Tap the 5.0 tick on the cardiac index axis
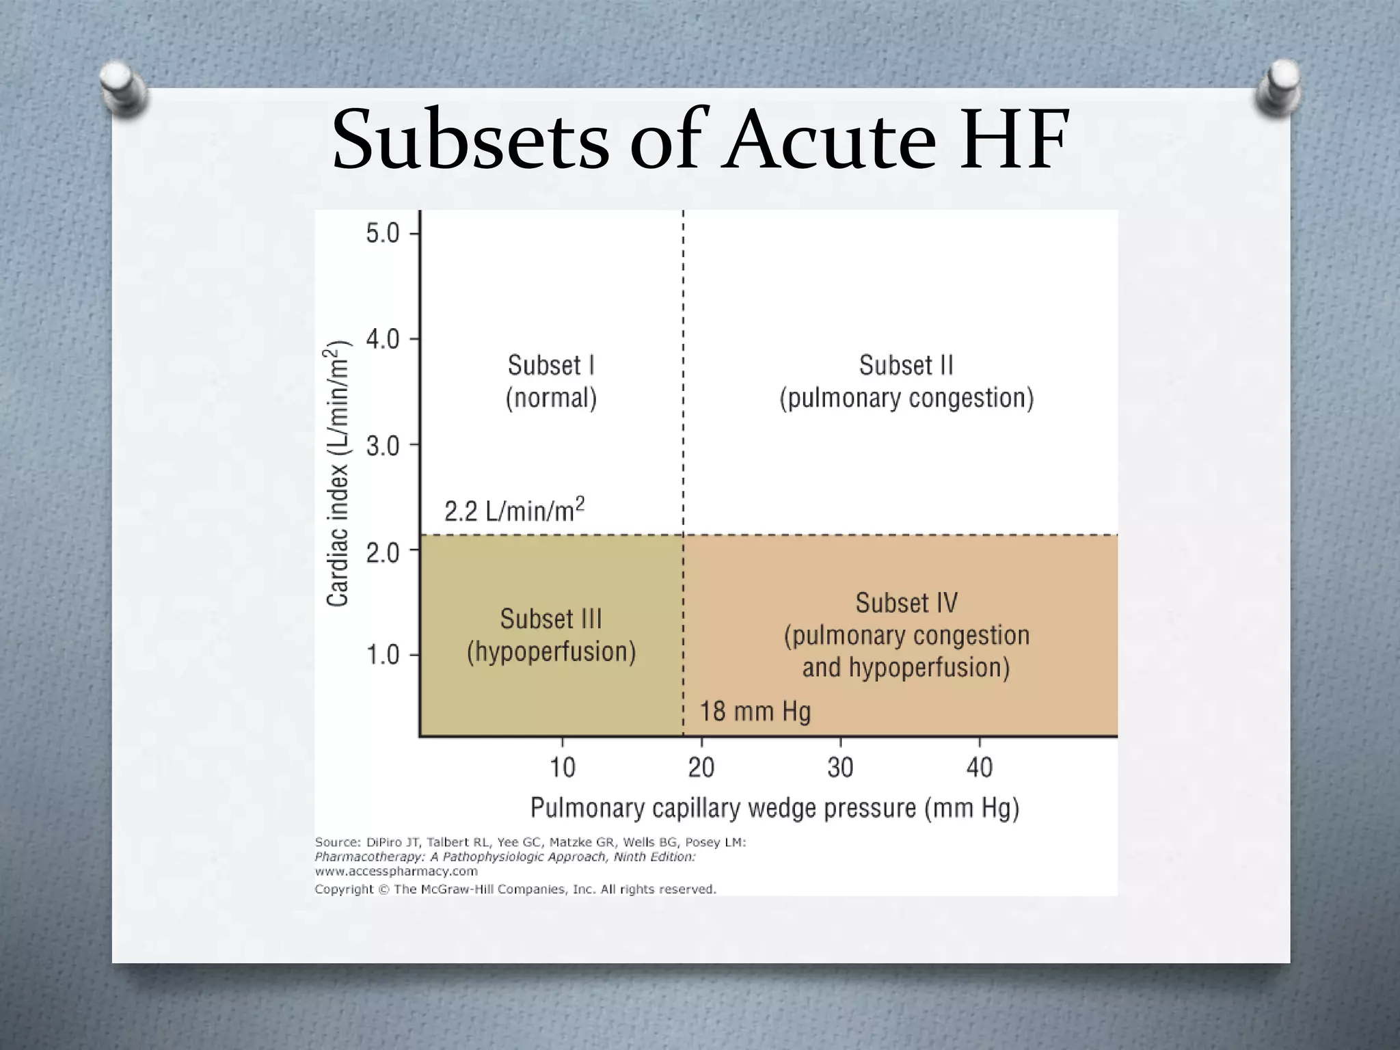click(383, 234)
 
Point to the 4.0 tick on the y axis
click(383, 339)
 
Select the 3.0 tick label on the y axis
click(383, 446)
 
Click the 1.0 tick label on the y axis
click(383, 655)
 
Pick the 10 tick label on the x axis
click(563, 768)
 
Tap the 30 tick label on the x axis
click(840, 768)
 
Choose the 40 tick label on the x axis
click(979, 768)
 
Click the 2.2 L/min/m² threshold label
click(514, 510)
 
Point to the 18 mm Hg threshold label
click(755, 712)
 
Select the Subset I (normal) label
click(551, 381)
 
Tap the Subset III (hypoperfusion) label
click(551, 635)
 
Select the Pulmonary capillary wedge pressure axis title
click(775, 808)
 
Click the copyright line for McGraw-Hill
click(515, 889)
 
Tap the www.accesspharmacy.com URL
click(396, 872)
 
